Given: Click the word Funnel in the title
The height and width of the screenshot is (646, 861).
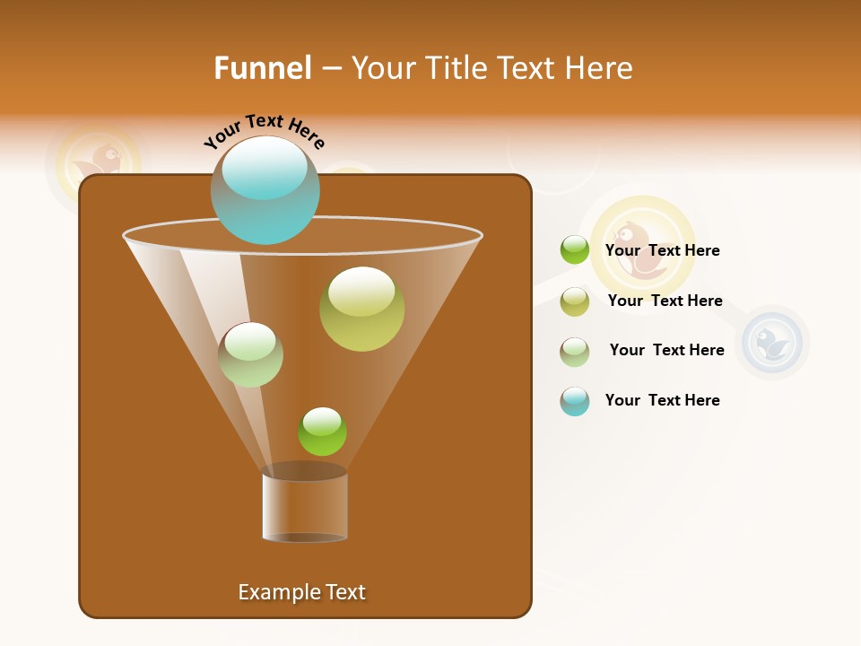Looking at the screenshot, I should coord(262,68).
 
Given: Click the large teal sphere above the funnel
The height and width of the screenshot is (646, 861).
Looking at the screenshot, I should coord(265,189).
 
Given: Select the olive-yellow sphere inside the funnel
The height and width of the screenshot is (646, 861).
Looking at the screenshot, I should coord(361,309).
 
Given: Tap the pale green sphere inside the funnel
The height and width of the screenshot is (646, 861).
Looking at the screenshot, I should coord(250,354).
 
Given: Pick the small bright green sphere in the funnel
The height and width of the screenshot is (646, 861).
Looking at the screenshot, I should coord(322,432).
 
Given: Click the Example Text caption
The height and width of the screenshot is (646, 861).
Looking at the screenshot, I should coord(301,592).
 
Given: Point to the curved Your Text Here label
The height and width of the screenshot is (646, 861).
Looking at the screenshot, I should coord(264,131).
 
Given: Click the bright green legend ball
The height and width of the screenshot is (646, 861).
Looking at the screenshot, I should coord(574,250).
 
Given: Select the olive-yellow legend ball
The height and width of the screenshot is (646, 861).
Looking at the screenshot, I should coord(574,301).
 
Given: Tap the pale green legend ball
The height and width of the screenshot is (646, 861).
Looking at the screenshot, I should coord(574,352).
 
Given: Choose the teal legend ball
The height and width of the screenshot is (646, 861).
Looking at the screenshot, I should coord(574,401).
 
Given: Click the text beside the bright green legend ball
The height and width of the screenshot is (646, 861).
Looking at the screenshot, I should coord(662,250).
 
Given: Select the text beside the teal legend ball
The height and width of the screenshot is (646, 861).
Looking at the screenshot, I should coord(662,400).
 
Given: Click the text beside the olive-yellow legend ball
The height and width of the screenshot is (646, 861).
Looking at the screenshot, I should coord(665,301).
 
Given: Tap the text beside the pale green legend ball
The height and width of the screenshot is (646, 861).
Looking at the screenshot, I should coord(666,350).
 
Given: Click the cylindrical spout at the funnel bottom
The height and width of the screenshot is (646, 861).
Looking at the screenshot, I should coord(305,504).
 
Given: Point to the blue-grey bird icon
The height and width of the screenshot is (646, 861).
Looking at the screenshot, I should coord(771,343).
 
